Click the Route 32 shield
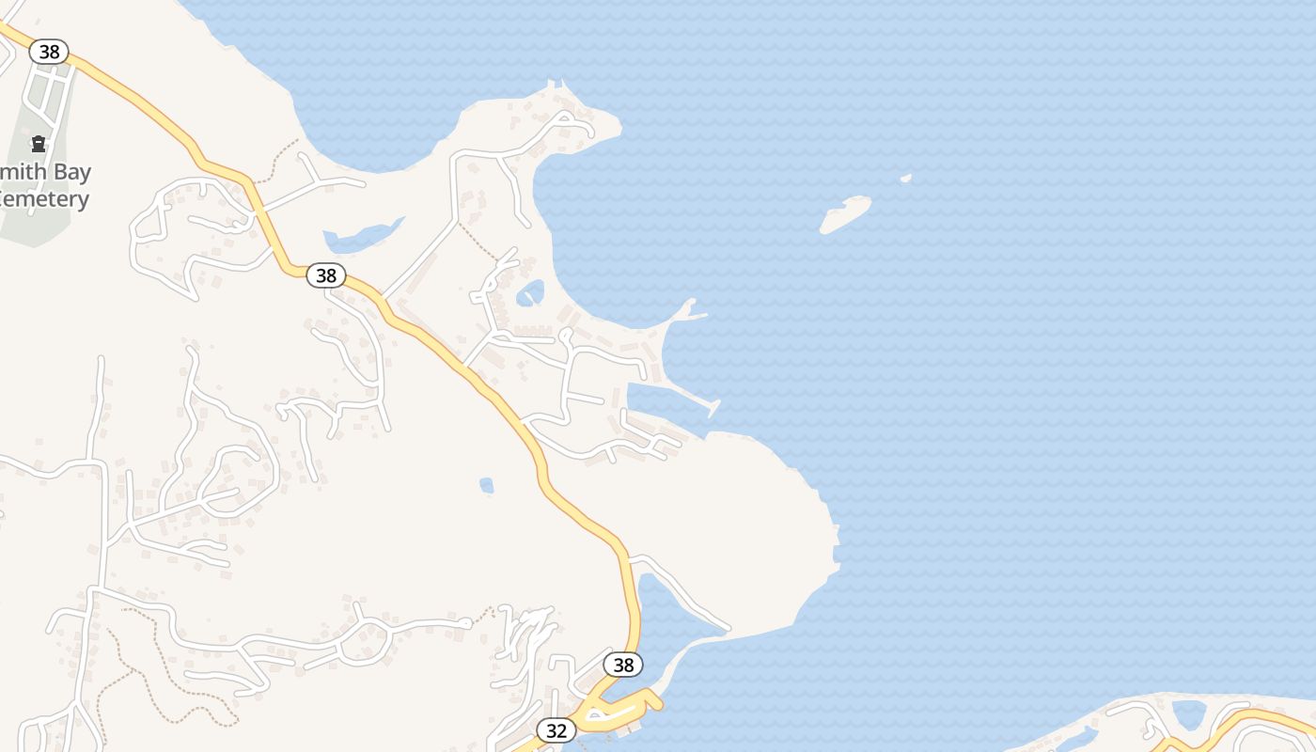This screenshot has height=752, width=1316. [556, 730]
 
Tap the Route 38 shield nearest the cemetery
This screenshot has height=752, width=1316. [49, 52]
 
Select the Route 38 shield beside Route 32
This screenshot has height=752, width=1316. [623, 665]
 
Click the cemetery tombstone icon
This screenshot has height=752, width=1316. [39, 144]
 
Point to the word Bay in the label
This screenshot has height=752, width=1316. [71, 173]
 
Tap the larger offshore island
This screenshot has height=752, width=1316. [845, 213]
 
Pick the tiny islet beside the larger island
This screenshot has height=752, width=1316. [905, 178]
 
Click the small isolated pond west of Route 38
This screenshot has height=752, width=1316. [486, 485]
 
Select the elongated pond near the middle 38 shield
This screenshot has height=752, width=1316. [362, 237]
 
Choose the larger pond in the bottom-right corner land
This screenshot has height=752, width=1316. [1189, 714]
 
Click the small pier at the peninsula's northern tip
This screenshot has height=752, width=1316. [556, 86]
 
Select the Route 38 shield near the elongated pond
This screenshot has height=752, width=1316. [326, 275]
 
